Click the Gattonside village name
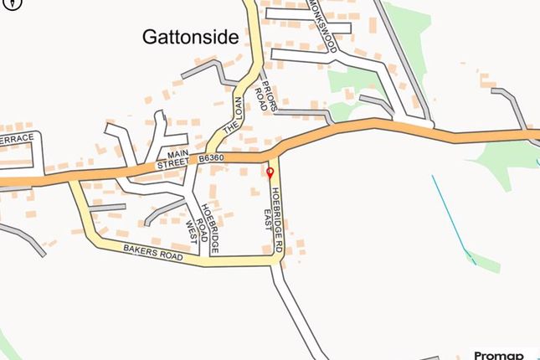[x=191, y=37]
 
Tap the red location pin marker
[x=270, y=173]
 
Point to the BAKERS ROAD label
[x=153, y=251]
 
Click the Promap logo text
[x=499, y=354]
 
